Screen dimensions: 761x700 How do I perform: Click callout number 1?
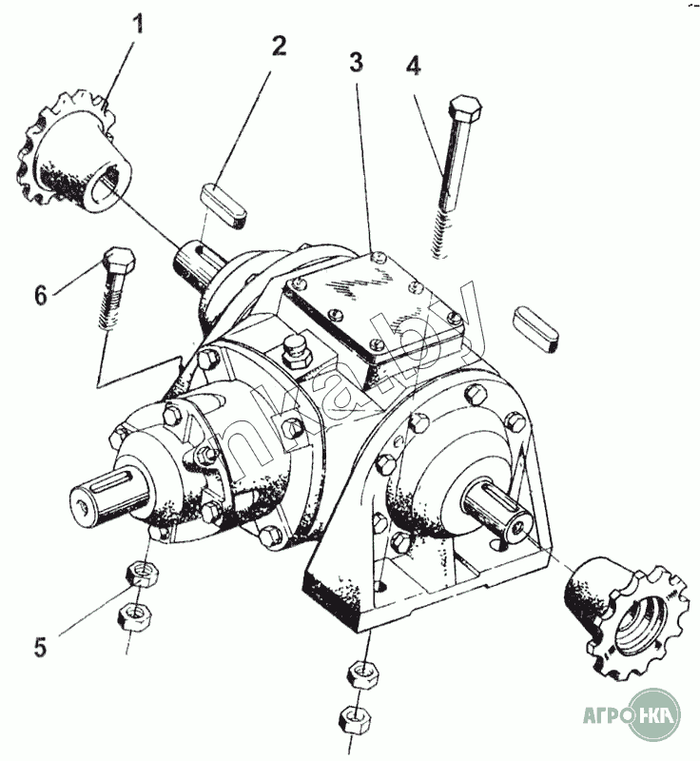tap(139, 23)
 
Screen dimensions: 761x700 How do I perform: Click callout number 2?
tap(278, 46)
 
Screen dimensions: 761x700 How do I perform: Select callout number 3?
tap(356, 63)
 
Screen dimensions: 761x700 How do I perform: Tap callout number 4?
tap(412, 67)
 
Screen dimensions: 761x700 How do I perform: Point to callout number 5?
tap(40, 648)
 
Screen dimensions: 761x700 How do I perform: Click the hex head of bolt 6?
tap(117, 259)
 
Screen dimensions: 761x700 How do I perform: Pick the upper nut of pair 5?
tap(142, 574)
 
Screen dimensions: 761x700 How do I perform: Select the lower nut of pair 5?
tap(132, 615)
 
